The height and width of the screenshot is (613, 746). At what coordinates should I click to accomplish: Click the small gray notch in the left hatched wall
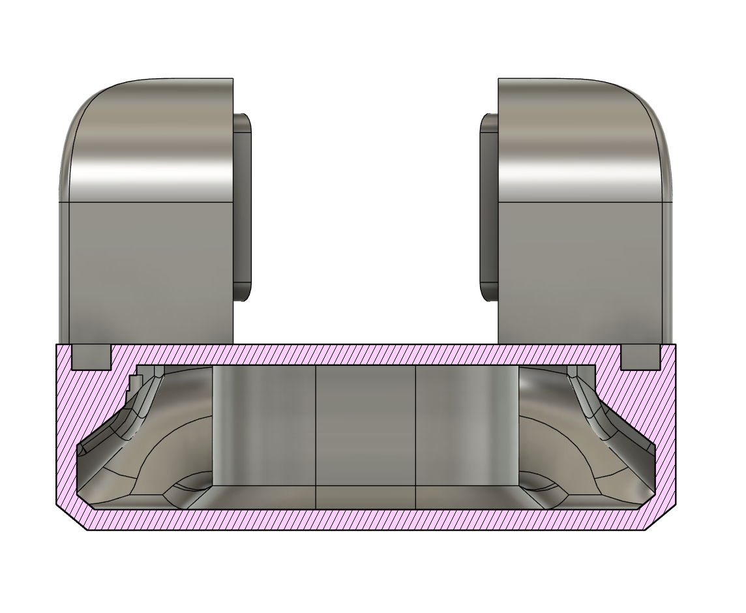point(90,357)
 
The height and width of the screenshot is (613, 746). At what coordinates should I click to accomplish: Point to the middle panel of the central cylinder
point(366,424)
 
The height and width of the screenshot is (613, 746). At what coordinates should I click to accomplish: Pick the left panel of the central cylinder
point(264,424)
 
